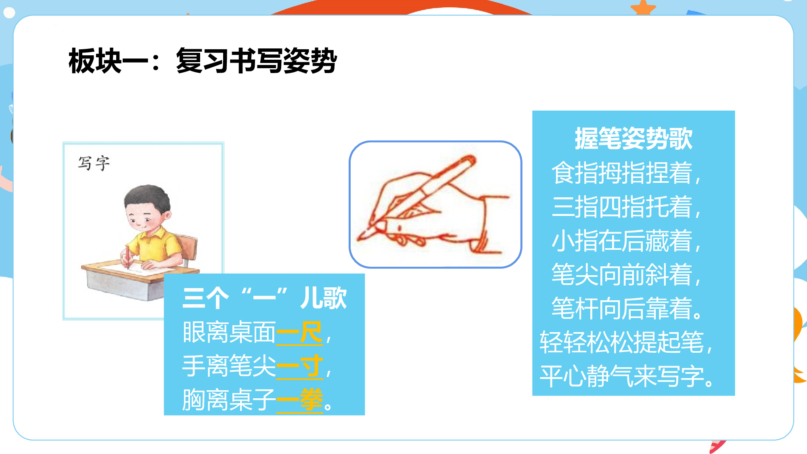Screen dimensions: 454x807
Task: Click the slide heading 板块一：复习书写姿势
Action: [x=203, y=61]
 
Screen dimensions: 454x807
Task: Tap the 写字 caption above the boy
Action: [x=94, y=163]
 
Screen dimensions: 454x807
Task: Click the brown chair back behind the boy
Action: [x=188, y=246]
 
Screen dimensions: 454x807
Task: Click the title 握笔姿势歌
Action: [x=633, y=138]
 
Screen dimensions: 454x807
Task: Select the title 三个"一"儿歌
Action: [x=264, y=298]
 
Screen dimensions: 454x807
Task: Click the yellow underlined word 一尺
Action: [x=299, y=333]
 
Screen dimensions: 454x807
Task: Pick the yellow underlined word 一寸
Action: [x=299, y=367]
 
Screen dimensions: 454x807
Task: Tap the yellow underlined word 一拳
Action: [x=299, y=400]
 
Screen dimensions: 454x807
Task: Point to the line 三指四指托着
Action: [x=625, y=207]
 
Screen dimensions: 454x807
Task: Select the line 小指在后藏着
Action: [x=625, y=241]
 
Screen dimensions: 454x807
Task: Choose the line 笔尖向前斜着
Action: [x=625, y=274]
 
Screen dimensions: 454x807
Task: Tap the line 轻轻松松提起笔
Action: [x=625, y=343]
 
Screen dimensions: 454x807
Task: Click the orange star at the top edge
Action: [x=643, y=7]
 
